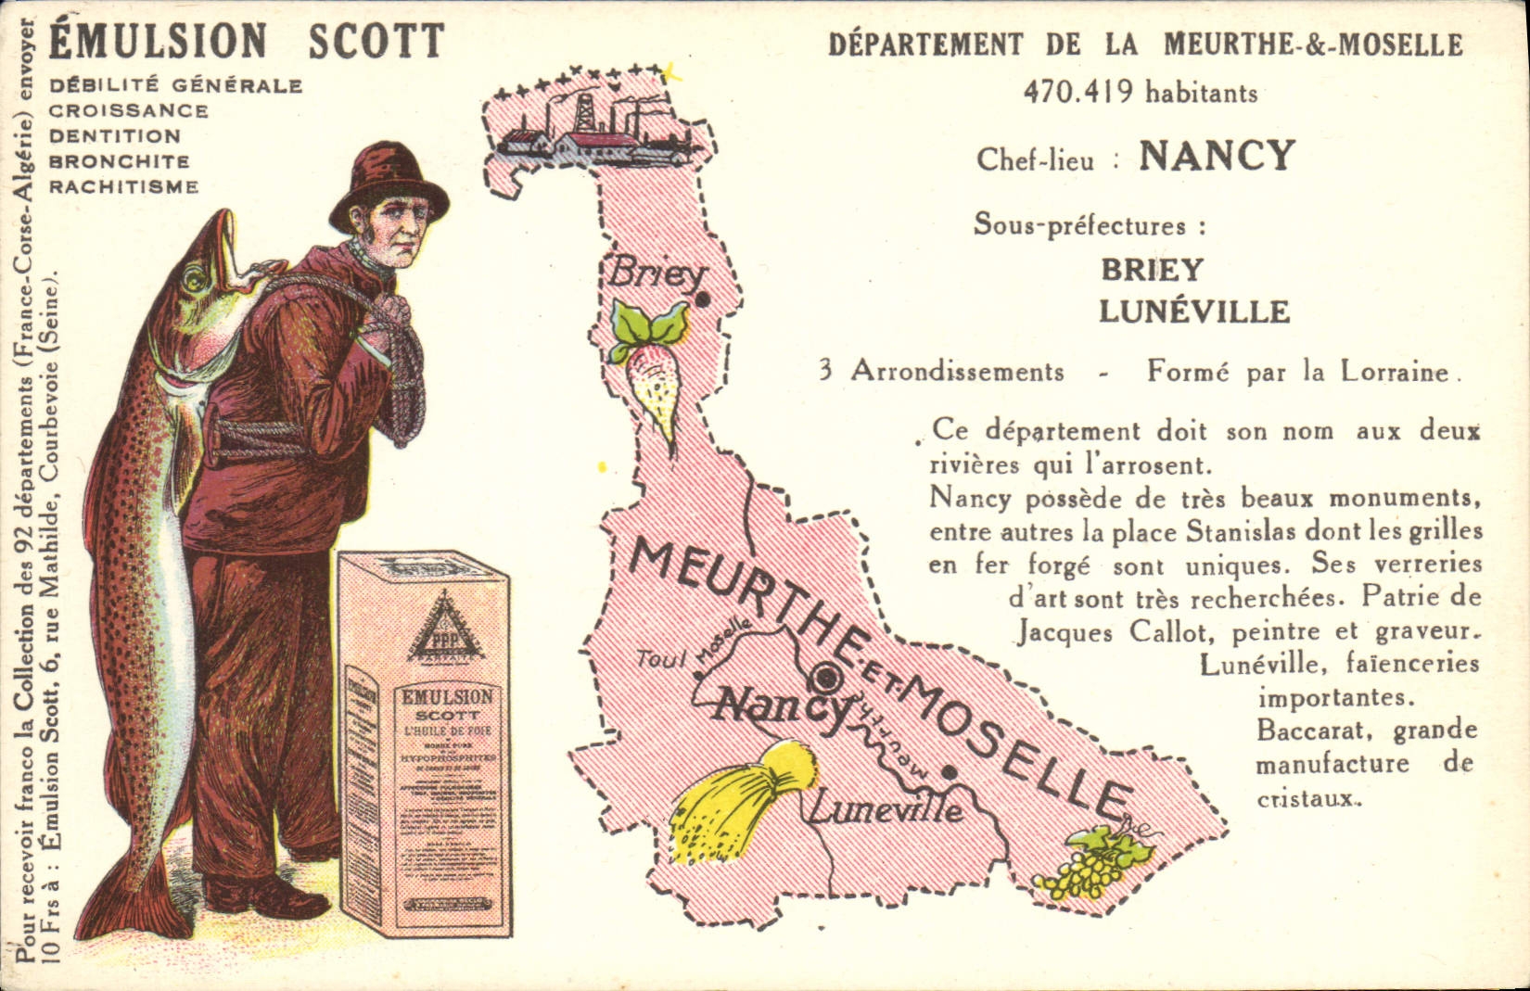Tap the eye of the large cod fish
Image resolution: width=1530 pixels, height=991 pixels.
click(194, 275)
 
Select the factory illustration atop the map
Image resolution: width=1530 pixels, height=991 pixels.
click(594, 130)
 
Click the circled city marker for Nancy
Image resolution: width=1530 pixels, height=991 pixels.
click(829, 676)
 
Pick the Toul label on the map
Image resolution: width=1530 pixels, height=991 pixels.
click(661, 659)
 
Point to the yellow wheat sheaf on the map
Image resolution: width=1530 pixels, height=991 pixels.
click(741, 805)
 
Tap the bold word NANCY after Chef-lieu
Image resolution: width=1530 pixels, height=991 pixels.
click(1216, 156)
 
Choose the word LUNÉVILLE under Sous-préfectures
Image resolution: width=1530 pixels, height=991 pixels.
click(1194, 311)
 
